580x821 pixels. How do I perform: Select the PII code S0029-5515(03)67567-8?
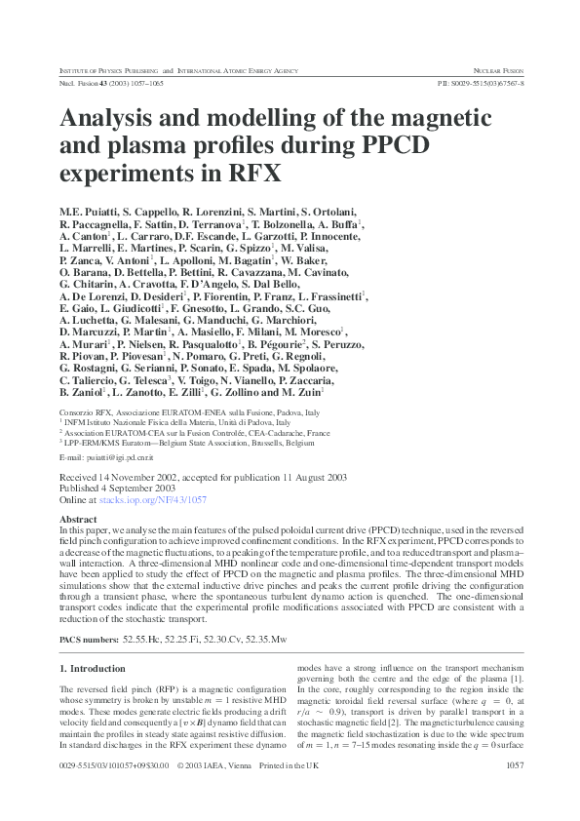pos(482,85)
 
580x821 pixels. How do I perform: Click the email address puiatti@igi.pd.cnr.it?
pos(111,456)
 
